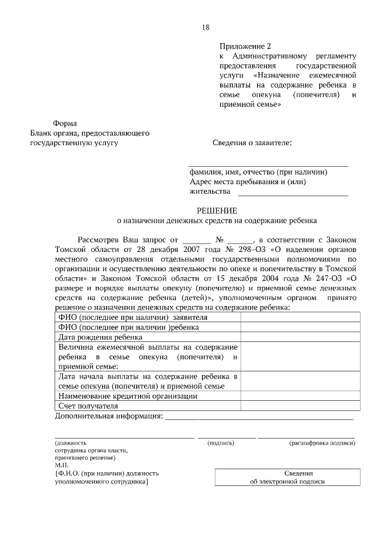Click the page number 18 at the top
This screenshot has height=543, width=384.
[206, 28]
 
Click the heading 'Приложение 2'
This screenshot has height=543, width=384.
[245, 46]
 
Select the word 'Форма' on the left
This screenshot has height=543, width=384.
[64, 123]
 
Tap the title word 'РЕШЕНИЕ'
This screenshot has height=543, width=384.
[218, 211]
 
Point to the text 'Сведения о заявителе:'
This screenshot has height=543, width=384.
[253, 143]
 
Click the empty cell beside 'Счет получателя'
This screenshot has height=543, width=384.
[300, 406]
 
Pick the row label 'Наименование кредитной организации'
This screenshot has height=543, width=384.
[128, 396]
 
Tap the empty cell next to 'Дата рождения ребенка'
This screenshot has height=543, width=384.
[300, 338]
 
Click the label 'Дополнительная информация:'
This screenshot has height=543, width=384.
[109, 416]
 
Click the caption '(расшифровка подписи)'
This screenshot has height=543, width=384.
[322, 443]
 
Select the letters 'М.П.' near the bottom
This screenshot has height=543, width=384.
[61, 465]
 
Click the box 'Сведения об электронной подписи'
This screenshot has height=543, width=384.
[286, 477]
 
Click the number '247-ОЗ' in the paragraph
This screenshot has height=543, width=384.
[328, 278]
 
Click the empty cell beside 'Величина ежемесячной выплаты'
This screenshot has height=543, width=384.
[300, 357]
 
